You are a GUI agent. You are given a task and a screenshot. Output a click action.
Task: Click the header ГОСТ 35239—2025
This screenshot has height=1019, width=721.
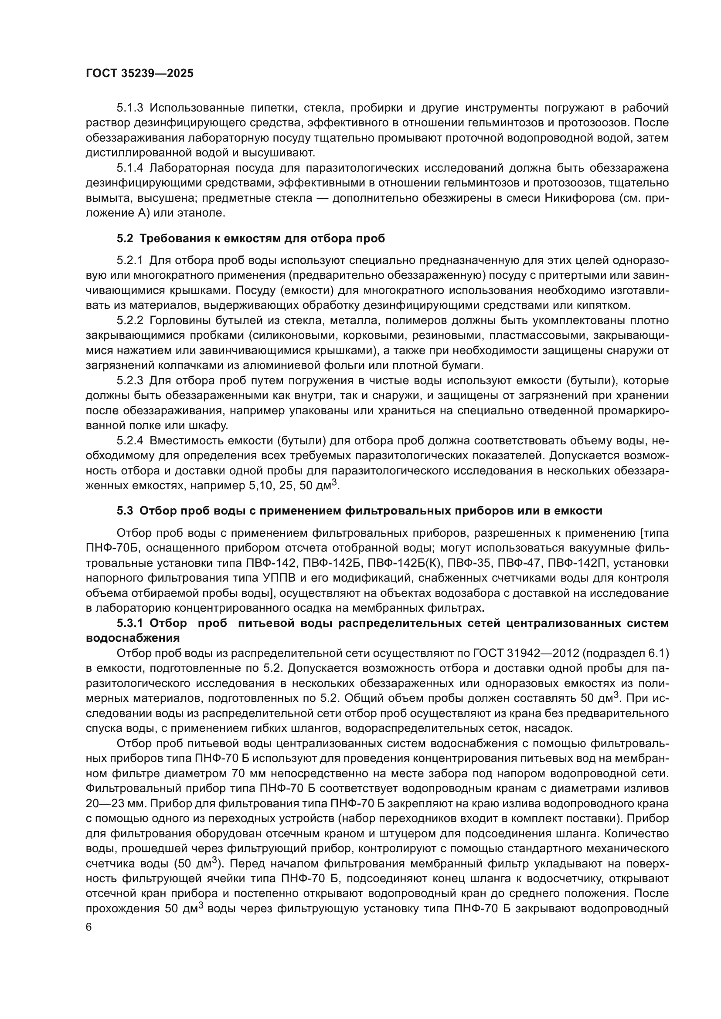coord(139,74)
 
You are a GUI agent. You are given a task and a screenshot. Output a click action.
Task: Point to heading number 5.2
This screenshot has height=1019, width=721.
coord(125,239)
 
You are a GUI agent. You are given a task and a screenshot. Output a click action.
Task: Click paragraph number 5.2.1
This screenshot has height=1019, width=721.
coord(130,260)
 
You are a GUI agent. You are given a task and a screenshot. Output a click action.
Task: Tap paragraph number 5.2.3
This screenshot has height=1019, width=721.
coord(131,380)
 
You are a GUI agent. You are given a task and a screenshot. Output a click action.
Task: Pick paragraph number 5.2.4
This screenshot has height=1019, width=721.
coord(131,440)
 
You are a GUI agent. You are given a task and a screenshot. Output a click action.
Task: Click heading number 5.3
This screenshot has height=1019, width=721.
coord(125,511)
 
